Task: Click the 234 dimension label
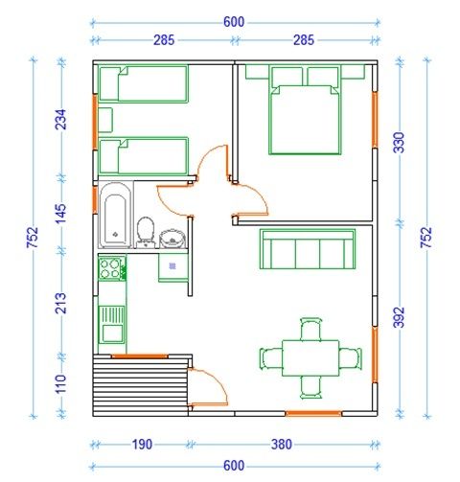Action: pyautogui.click(x=61, y=120)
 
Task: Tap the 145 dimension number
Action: pyautogui.click(x=61, y=214)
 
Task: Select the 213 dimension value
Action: pyautogui.click(x=61, y=303)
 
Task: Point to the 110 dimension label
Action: pyautogui.click(x=61, y=384)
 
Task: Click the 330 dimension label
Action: pyautogui.click(x=400, y=143)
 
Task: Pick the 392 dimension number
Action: pyautogui.click(x=400, y=317)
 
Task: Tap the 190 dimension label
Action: pyautogui.click(x=142, y=445)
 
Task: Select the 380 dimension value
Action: pyautogui.click(x=282, y=445)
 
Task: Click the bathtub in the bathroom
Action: pyautogui.click(x=115, y=215)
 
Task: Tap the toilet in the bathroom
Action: pyautogui.click(x=146, y=232)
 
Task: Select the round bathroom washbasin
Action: pyautogui.click(x=172, y=239)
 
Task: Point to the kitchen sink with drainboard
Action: pyautogui.click(x=111, y=325)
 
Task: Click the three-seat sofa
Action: pyautogui.click(x=308, y=249)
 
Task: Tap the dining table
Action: pyautogui.click(x=310, y=358)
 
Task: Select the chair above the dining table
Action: pyautogui.click(x=311, y=330)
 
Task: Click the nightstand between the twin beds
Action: pyautogui.click(x=105, y=120)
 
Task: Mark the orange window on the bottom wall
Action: pyautogui.click(x=313, y=414)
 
